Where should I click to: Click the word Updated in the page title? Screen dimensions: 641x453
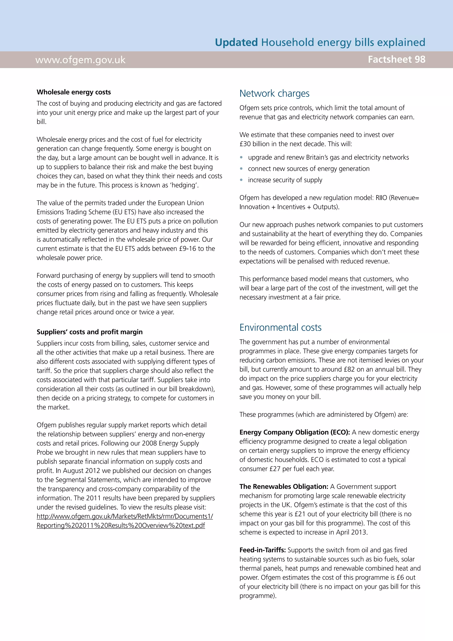pyautogui.click(x=236, y=42)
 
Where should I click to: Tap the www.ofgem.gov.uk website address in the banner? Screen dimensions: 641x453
pyautogui.click(x=80, y=60)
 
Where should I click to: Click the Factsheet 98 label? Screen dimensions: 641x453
pyautogui.click(x=396, y=60)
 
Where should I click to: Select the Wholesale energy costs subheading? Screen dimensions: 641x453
pyautogui.click(x=74, y=92)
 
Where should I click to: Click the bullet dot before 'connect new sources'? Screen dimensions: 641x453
pyautogui.click(x=241, y=169)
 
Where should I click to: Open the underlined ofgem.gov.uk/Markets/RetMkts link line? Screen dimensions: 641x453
pyautogui.click(x=125, y=516)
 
